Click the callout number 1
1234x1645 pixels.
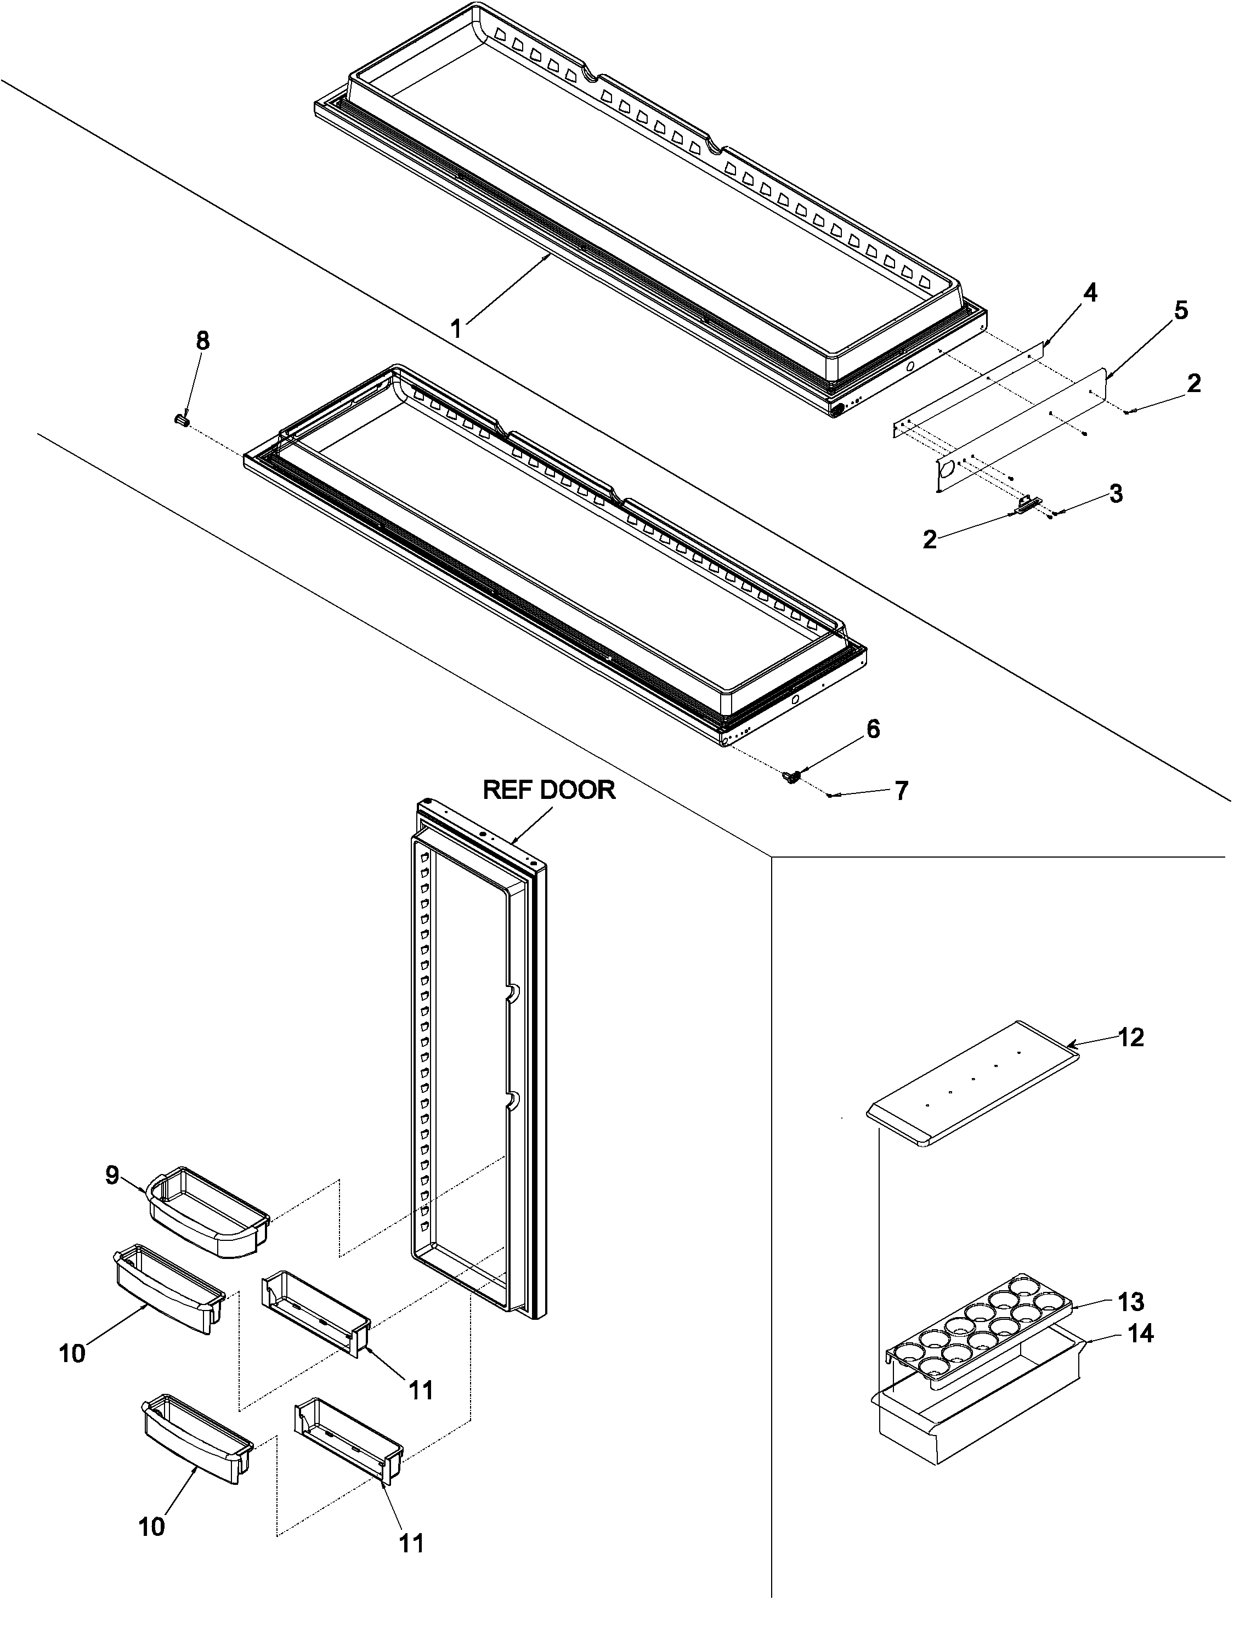[457, 328]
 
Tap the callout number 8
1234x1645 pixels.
[202, 342]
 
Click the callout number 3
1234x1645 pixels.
[1116, 494]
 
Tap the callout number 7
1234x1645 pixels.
[901, 791]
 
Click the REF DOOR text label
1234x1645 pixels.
[549, 789]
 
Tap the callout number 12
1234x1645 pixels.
[1130, 1037]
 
